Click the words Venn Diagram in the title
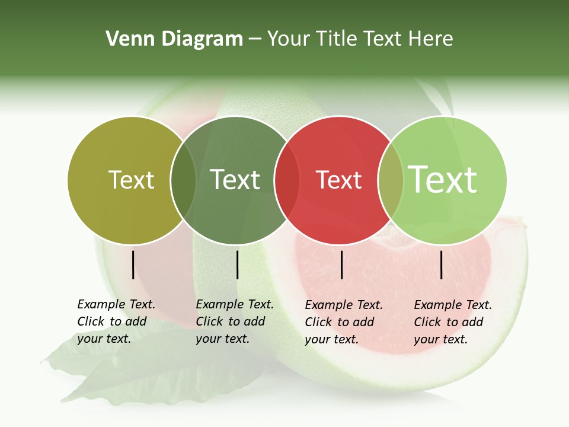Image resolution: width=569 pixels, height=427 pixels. click(x=174, y=39)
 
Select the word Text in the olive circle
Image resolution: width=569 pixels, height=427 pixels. click(x=131, y=180)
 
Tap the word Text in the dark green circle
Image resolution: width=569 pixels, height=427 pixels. click(x=235, y=180)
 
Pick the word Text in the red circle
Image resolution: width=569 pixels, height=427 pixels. click(x=338, y=180)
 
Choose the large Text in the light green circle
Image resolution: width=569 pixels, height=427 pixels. click(x=443, y=180)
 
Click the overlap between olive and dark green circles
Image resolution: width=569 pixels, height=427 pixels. click(x=183, y=180)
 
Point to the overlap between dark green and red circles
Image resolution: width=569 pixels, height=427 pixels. click(x=287, y=180)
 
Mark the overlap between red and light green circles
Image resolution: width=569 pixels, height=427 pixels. click(x=391, y=180)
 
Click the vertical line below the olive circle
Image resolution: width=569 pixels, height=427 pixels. click(x=133, y=265)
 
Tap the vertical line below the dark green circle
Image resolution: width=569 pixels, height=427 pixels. click(x=237, y=265)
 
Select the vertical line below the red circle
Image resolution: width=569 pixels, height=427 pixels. click(x=342, y=265)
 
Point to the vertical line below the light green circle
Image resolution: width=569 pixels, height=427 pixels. click(x=442, y=265)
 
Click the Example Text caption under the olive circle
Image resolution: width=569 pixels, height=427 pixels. click(x=116, y=321)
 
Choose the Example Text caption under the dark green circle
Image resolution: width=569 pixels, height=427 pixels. click(x=235, y=321)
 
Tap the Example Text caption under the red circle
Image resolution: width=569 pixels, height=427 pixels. click(x=344, y=322)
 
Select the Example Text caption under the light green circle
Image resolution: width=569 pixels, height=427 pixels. click(x=453, y=322)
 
